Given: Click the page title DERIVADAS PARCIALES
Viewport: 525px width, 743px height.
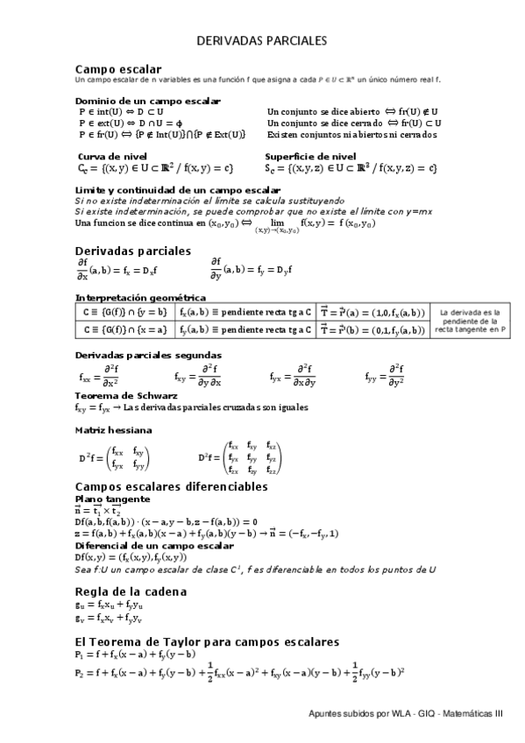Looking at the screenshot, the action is [x=261, y=40].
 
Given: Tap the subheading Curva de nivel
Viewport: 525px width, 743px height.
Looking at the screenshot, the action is [x=111, y=155].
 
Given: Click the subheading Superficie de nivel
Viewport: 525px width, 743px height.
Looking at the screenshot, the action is [x=310, y=155].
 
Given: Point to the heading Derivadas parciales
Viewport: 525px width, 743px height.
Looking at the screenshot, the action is [x=132, y=251].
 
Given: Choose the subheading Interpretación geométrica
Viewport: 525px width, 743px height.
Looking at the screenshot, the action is [x=140, y=299].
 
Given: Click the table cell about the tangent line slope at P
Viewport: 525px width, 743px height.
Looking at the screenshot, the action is [x=472, y=321].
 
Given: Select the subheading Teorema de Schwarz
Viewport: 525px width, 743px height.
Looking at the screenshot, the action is [x=119, y=396].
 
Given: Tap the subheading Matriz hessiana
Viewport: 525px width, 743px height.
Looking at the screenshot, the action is [x=113, y=430].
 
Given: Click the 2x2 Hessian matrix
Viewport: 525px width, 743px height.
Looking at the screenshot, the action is [x=114, y=458].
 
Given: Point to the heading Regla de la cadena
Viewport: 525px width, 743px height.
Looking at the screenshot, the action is [x=131, y=591].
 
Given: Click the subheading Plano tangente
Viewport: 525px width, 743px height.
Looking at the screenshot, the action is [x=112, y=499].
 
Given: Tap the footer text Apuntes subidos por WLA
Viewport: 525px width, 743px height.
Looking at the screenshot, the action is [x=406, y=714].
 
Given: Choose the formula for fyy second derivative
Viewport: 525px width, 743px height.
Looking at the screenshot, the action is [x=384, y=376].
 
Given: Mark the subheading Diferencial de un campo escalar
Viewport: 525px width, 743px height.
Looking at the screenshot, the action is [x=153, y=545].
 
